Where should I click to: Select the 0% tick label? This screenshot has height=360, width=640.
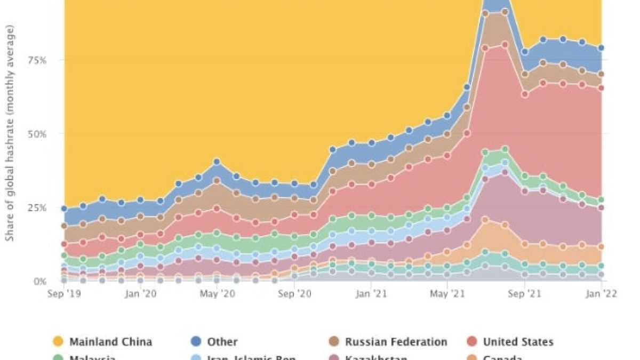[x=42, y=281]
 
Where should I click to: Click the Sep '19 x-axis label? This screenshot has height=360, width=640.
[x=64, y=293]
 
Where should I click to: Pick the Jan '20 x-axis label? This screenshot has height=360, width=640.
[x=141, y=293]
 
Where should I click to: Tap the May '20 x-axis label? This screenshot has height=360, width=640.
[x=217, y=293]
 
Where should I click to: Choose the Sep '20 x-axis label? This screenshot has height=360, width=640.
[x=294, y=293]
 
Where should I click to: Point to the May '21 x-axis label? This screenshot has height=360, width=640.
[x=447, y=293]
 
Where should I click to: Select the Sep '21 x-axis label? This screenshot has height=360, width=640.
[x=525, y=293]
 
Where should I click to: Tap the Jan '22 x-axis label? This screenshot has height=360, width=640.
[x=602, y=293]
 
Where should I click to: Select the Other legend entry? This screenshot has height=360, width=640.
[x=214, y=342]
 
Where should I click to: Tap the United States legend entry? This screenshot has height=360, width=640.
[x=510, y=342]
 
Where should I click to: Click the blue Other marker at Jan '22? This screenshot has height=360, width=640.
[x=602, y=48]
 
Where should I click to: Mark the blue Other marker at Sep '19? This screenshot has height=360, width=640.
[x=64, y=209]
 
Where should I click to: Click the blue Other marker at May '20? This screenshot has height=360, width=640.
[x=217, y=161]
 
